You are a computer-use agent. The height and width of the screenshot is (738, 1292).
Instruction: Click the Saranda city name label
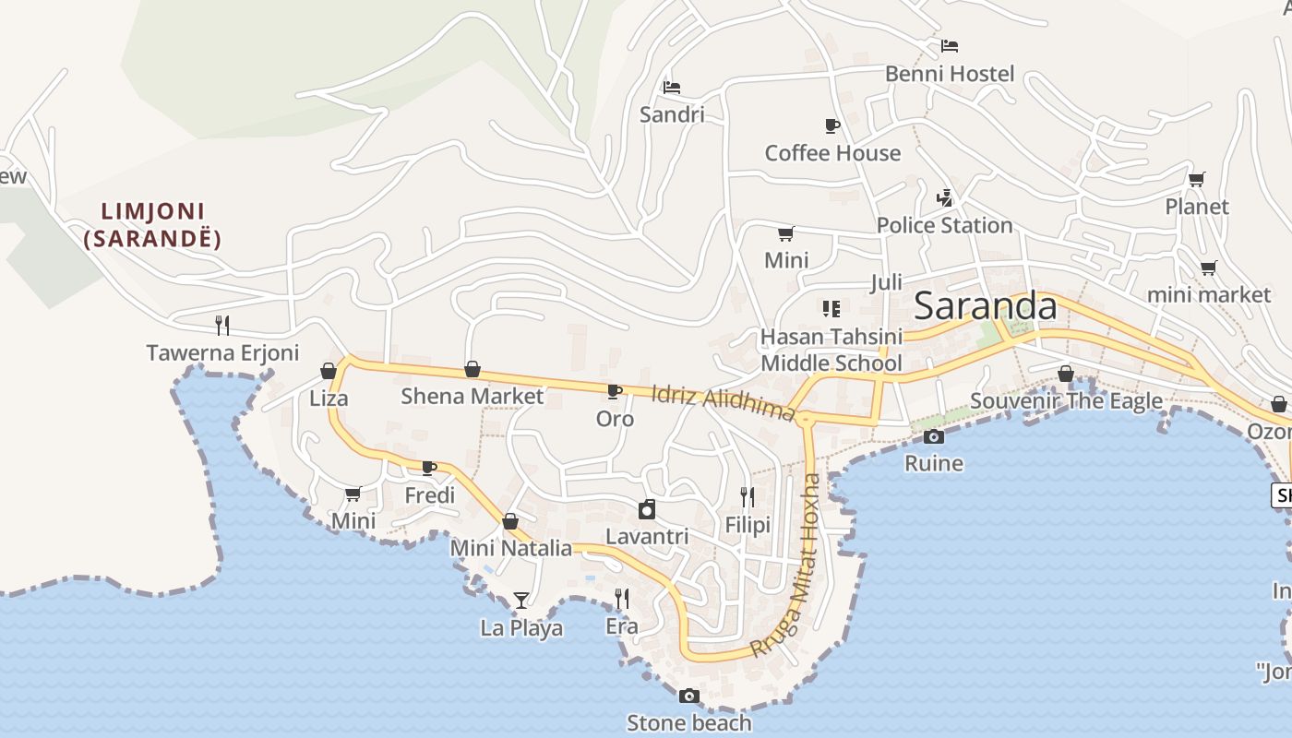985,306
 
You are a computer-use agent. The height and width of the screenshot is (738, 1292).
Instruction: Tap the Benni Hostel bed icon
950,45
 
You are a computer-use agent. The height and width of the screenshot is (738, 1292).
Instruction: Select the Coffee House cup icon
831,125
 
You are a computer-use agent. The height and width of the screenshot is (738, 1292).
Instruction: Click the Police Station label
944,225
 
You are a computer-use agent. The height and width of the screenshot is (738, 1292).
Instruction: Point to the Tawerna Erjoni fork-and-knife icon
222,325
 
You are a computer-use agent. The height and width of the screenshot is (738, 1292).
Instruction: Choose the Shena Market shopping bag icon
473,370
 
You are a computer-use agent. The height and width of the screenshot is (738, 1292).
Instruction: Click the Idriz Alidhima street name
723,402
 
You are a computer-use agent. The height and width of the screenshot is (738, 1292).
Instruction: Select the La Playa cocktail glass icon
521,601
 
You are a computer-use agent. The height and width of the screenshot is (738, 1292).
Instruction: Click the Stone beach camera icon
688,696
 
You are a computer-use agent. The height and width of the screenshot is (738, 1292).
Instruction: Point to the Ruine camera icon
934,436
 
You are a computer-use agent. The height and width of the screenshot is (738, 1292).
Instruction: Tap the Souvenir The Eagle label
1066,401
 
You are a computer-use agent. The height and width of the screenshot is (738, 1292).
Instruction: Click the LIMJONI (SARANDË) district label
152,225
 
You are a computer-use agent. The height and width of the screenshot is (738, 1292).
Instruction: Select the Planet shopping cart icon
1197,179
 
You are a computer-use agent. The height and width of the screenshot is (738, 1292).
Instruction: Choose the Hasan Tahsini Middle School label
831,350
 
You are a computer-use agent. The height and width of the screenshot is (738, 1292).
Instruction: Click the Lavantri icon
647,509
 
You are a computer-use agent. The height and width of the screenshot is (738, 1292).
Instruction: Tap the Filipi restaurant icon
748,497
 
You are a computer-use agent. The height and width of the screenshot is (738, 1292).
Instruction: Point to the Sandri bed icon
672,88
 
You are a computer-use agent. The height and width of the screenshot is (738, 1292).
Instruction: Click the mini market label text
1208,294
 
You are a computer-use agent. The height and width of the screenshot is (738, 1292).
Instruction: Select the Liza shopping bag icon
329,371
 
